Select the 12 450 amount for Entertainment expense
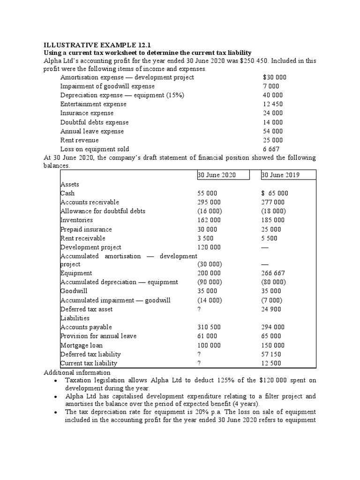(x=273, y=104)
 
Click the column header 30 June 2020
(x=217, y=175)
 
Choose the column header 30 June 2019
(x=280, y=175)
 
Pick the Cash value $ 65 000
(x=275, y=193)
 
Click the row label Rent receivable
(x=83, y=238)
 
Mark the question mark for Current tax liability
(x=199, y=363)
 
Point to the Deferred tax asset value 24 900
(x=271, y=309)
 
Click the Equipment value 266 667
(x=272, y=273)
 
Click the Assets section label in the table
(x=70, y=184)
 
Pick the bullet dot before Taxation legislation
(x=56, y=381)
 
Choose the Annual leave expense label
(x=92, y=131)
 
